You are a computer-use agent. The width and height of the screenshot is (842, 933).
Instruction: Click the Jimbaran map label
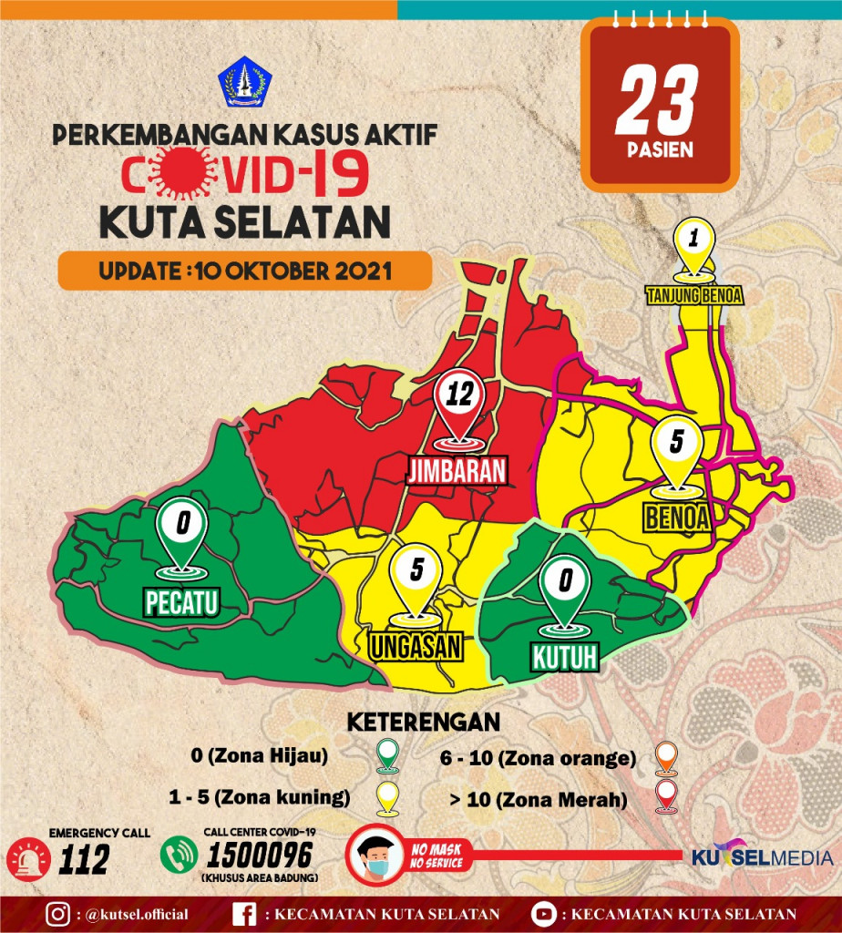(456, 471)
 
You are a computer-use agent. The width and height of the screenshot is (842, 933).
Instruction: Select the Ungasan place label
(416, 645)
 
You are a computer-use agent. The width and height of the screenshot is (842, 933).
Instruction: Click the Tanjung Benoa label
(693, 295)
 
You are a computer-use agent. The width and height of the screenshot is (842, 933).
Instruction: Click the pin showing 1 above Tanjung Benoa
(693, 241)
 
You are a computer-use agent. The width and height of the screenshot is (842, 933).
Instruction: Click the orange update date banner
(244, 271)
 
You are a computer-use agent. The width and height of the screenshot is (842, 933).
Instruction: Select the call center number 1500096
(260, 856)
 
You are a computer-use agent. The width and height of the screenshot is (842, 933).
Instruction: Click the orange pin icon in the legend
(668, 756)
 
